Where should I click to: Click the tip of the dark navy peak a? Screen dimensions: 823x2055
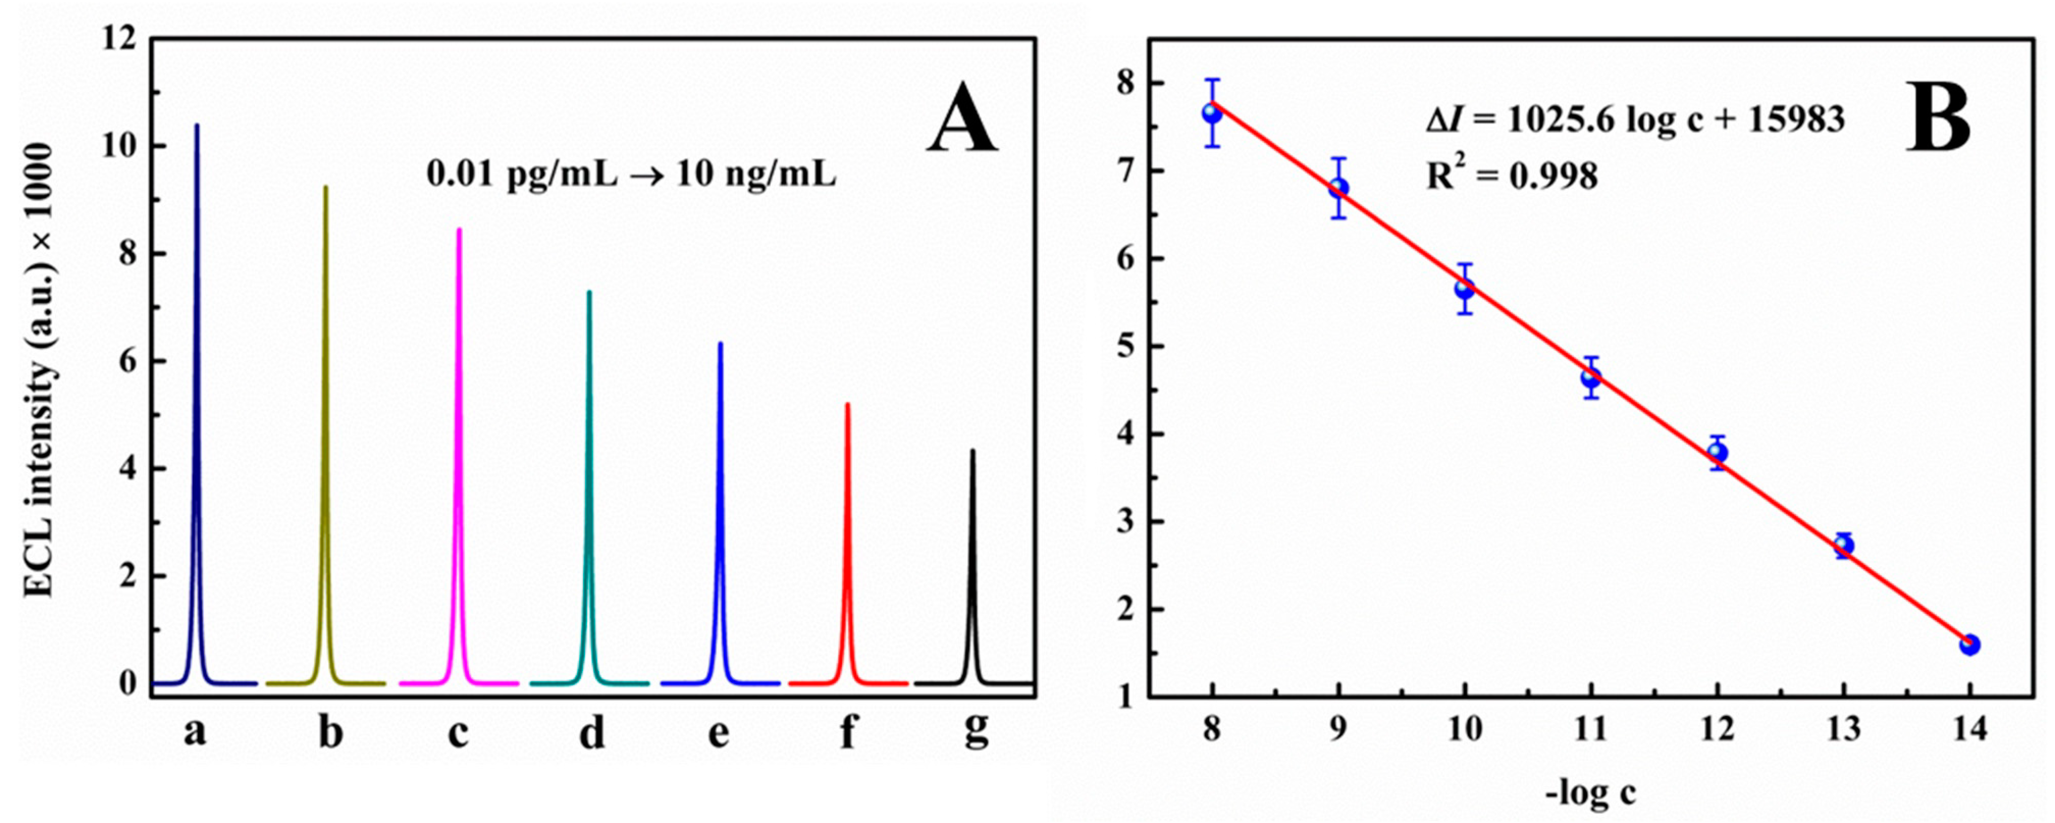[197, 126]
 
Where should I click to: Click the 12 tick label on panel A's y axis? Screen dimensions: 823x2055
[120, 39]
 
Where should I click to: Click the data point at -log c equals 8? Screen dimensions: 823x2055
[1213, 113]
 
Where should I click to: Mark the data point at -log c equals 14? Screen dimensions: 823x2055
[1970, 644]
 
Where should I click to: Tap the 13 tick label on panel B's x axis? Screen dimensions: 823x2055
[1843, 728]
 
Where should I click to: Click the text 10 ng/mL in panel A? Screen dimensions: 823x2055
[755, 173]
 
